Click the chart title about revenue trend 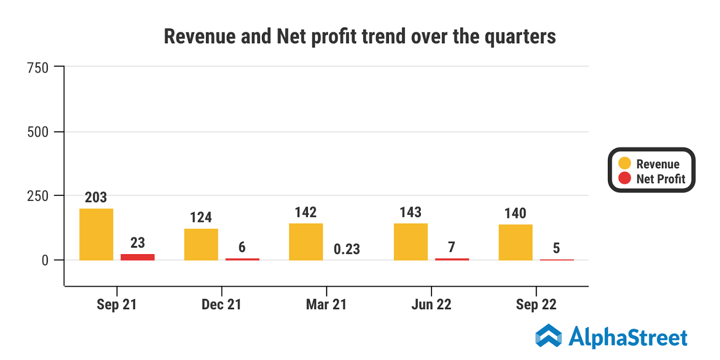pos(360,36)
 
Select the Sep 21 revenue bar pos(96,234)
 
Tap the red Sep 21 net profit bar pos(137,257)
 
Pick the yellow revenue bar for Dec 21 pos(201,244)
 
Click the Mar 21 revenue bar pos(306,242)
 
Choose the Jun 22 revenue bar pos(411,242)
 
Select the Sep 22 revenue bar pos(516,242)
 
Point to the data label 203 pos(96,197)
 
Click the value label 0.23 pos(346,249)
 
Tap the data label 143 pos(410,212)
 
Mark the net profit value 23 pos(138,243)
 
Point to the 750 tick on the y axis pos(38,68)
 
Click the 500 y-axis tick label pos(38,132)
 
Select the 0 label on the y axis pos(45,260)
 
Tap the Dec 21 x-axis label pos(221,305)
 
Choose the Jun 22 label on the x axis pos(431,305)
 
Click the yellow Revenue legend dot pos(625,163)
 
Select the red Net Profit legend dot pos(625,178)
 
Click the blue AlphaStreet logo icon pos(549,336)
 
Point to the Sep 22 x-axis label pos(536,305)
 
